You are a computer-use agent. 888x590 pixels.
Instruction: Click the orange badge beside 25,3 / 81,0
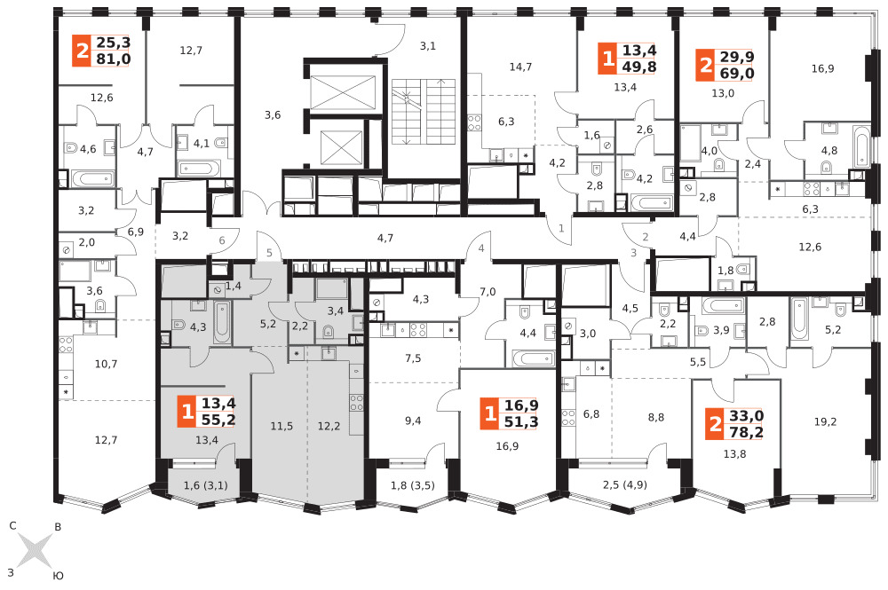coord(82,51)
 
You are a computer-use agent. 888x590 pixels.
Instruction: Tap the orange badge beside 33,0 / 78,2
coord(715,424)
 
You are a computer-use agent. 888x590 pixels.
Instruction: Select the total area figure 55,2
coord(218,420)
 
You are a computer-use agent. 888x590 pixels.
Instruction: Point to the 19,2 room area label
coord(825,421)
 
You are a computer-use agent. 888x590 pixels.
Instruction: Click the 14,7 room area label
coord(520,67)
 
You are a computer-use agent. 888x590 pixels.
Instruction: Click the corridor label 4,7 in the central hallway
coord(385,238)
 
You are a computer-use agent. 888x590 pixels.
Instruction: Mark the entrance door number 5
coord(270,253)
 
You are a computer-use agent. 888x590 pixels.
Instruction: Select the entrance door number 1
coord(561,229)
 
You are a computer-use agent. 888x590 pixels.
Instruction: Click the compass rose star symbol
coord(35,550)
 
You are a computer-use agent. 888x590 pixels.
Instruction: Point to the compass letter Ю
coord(58,576)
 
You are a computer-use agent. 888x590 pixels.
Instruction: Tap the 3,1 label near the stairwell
coord(428,46)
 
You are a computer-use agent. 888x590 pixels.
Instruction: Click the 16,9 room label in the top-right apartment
coord(822,69)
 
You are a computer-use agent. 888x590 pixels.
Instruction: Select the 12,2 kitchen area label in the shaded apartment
coord(329,426)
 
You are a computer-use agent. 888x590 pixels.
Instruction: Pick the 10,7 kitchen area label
coord(106,364)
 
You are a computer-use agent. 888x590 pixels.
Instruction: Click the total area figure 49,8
coord(639,67)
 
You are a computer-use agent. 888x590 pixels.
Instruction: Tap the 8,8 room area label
coord(656,418)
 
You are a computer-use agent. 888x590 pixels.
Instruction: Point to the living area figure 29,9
coord(737,57)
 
